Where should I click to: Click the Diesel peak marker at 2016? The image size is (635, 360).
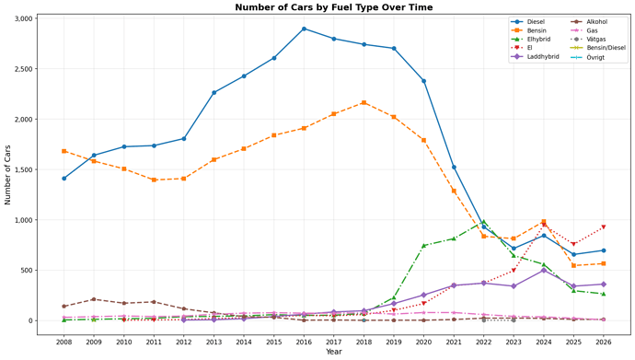coord(304,29)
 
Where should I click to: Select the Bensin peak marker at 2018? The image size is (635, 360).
coord(364,102)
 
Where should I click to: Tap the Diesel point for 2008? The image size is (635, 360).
coord(63,179)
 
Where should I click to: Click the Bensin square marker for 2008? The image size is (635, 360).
coord(63,151)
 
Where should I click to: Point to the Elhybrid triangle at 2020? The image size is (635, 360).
coord(423,245)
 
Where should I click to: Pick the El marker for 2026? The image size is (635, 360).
coord(604,227)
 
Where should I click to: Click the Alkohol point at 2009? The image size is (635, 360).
coord(94,299)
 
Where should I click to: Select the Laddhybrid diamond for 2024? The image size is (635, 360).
coord(544,271)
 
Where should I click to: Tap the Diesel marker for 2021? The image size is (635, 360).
coord(454,168)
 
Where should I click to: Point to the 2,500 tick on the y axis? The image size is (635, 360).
coord(23,69)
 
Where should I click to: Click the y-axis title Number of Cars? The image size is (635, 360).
coord(8,169)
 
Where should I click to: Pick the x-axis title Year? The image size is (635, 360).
coord(333,352)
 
